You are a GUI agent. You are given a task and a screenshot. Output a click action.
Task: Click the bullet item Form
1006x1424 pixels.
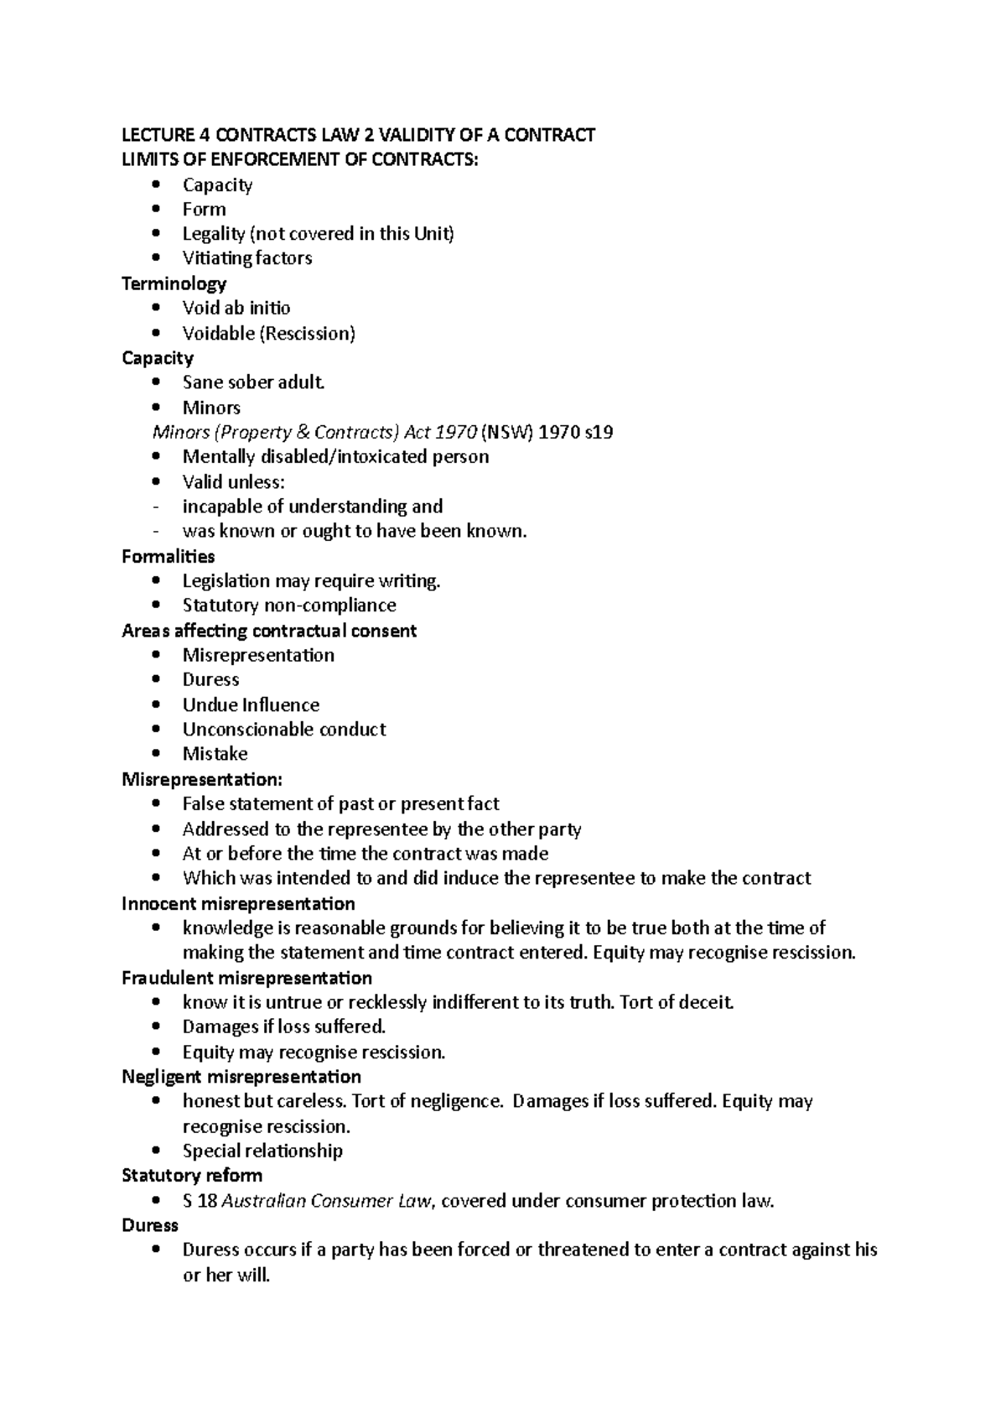tap(204, 210)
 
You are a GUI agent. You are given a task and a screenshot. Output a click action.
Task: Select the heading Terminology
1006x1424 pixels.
tap(174, 283)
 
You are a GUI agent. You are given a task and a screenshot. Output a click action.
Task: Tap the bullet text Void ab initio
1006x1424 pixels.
tap(236, 308)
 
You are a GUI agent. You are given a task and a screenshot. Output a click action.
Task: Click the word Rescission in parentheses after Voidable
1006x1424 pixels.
tap(307, 333)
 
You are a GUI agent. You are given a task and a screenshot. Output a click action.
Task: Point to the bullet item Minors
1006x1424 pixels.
tap(211, 408)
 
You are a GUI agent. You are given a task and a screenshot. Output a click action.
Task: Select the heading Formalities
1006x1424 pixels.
tap(168, 556)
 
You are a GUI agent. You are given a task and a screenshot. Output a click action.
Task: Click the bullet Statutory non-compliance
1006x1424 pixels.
tap(289, 605)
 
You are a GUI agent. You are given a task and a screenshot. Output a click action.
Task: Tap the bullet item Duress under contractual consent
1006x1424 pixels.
tap(210, 679)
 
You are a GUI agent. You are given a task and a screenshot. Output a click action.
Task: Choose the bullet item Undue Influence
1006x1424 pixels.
tap(251, 704)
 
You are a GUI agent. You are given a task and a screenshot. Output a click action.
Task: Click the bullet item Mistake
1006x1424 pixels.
tap(215, 754)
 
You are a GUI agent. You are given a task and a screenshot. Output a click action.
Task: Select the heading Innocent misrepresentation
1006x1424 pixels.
tap(238, 903)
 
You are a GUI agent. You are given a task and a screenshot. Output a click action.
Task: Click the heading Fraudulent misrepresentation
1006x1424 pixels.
tap(246, 978)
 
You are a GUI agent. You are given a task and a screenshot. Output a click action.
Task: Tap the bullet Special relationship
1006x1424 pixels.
tap(262, 1151)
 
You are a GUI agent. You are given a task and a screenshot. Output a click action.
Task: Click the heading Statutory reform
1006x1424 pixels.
tap(192, 1175)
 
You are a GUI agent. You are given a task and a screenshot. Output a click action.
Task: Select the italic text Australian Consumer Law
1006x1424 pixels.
tap(328, 1201)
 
